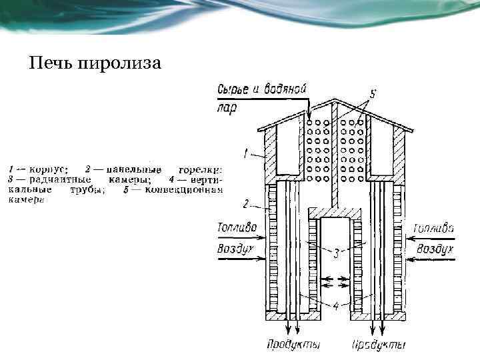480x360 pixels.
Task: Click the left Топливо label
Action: coord(236,227)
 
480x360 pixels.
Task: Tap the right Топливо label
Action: coord(433,228)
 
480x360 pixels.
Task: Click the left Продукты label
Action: coord(293,345)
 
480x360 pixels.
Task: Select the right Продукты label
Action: coord(379,345)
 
